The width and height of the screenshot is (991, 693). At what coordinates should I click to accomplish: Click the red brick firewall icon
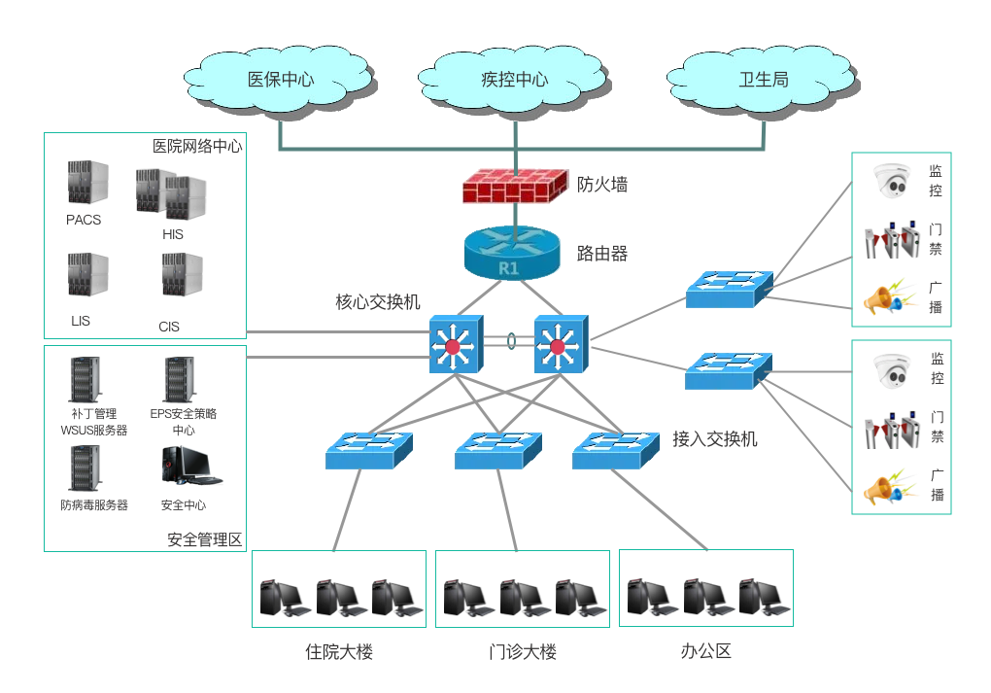[x=514, y=184]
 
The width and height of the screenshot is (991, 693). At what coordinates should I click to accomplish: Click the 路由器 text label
[x=602, y=255]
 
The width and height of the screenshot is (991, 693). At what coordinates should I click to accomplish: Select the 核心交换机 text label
[x=378, y=302]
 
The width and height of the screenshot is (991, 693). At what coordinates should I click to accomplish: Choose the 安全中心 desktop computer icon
[x=185, y=467]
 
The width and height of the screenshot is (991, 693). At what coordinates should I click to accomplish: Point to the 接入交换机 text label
[x=715, y=439]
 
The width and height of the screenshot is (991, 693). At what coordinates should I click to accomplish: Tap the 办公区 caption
[x=705, y=651]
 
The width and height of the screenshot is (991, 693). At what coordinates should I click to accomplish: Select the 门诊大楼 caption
[x=523, y=651]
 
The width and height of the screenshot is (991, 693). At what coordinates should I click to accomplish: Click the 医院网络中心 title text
[x=197, y=147]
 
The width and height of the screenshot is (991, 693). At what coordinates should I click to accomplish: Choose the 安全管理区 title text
[x=204, y=539]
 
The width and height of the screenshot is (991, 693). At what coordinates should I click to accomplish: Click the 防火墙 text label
[x=602, y=184]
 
